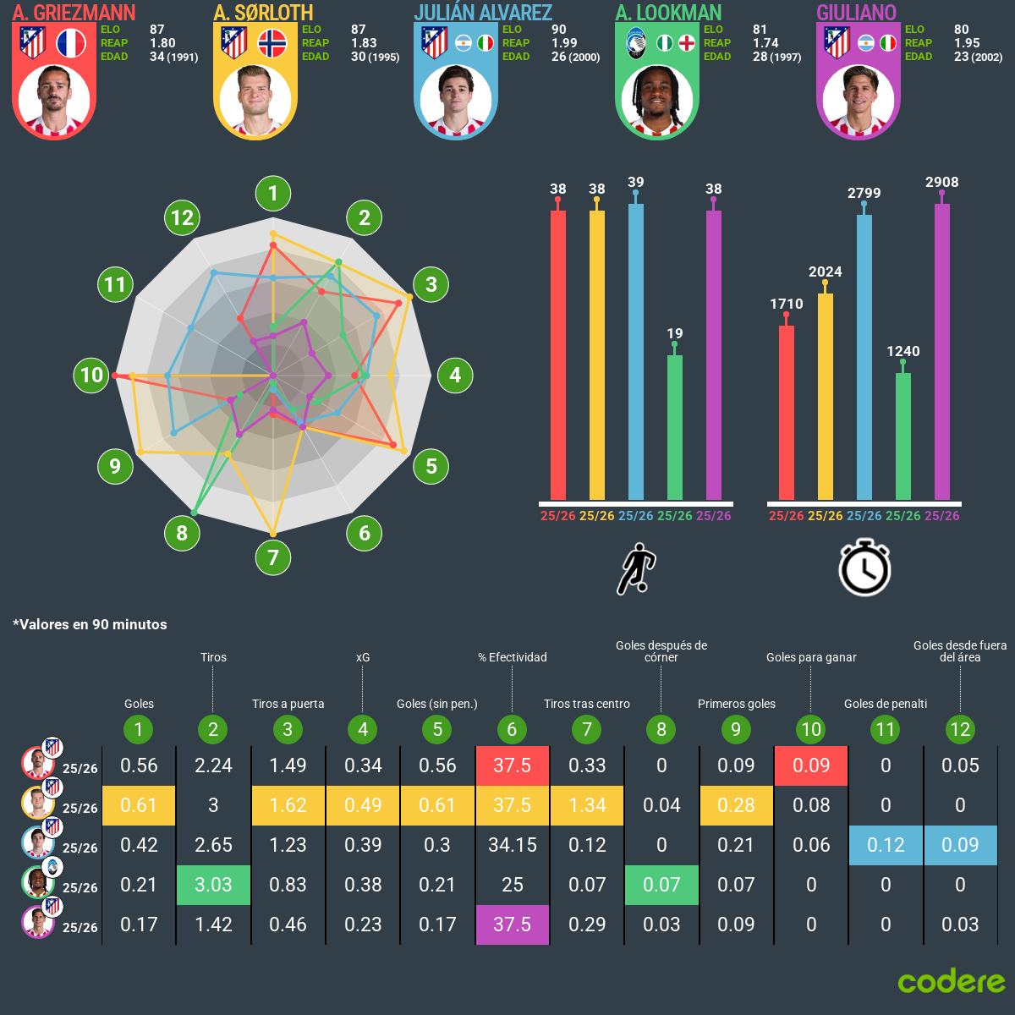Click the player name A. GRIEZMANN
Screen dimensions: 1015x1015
click(x=74, y=13)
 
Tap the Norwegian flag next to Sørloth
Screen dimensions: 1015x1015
click(x=272, y=43)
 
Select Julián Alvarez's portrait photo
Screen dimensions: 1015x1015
click(x=456, y=101)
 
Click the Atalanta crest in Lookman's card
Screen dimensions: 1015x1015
click(x=636, y=43)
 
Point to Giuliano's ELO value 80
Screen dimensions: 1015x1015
click(x=962, y=30)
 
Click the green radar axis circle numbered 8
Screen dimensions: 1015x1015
click(x=182, y=533)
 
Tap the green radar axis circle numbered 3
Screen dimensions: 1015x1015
click(x=431, y=284)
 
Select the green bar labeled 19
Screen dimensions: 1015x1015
click(x=675, y=427)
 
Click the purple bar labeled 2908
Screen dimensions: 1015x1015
click(x=942, y=352)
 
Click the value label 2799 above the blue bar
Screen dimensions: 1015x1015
click(x=864, y=193)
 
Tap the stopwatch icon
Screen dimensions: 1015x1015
click(x=864, y=568)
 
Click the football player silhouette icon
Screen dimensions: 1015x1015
click(x=636, y=569)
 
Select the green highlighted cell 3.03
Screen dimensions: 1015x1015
click(x=213, y=885)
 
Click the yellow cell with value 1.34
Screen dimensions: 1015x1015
click(x=587, y=805)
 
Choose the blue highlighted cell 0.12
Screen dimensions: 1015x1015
click(x=886, y=845)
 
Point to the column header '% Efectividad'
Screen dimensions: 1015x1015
click(x=513, y=657)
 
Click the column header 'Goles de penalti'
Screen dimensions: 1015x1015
click(x=886, y=704)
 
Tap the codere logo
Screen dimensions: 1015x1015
click(x=952, y=981)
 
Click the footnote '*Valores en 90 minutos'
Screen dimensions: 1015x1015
click(x=90, y=624)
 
